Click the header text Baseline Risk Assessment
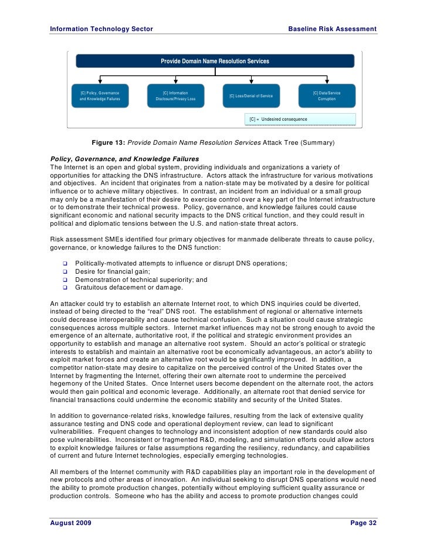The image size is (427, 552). (x=332, y=29)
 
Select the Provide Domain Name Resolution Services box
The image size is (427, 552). (x=215, y=61)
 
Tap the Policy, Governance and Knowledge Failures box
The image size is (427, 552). (x=100, y=96)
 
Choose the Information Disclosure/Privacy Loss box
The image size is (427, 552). (x=175, y=96)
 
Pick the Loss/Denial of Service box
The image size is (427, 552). (x=250, y=96)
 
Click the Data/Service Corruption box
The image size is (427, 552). (x=327, y=96)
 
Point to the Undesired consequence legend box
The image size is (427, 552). (x=299, y=119)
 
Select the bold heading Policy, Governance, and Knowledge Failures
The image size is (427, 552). (x=125, y=159)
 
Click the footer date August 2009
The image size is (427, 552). (x=71, y=523)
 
